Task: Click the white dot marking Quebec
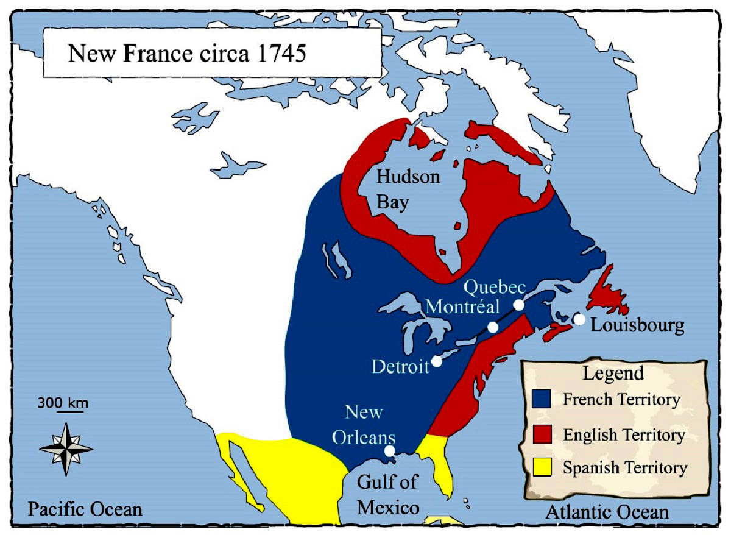click(518, 305)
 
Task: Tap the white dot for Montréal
click(493, 327)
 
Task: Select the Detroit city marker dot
click(436, 361)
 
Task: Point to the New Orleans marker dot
click(390, 452)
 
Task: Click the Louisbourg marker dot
click(579, 319)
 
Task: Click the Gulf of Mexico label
click(388, 494)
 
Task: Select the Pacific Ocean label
click(85, 509)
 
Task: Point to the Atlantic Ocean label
click(607, 512)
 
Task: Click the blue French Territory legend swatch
click(542, 399)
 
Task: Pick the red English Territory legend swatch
click(542, 434)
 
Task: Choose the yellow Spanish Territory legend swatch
click(542, 467)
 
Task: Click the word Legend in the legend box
click(613, 373)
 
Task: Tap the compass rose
click(66, 449)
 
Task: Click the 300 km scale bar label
click(63, 403)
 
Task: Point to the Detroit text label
click(400, 367)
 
